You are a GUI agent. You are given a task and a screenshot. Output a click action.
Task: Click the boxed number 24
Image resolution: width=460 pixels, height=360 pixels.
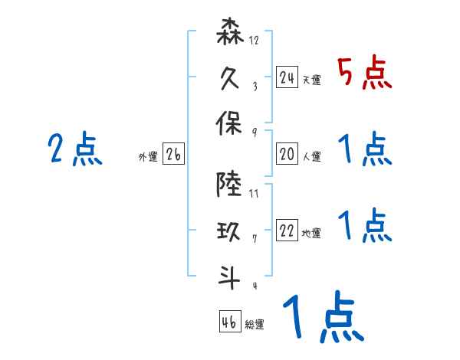(x=287, y=77)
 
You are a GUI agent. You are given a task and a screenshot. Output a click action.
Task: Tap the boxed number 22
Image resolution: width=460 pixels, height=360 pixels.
(x=287, y=231)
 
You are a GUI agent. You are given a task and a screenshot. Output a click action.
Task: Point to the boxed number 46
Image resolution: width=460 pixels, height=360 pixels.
(x=228, y=322)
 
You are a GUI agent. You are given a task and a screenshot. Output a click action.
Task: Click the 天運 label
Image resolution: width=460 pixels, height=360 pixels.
(x=311, y=80)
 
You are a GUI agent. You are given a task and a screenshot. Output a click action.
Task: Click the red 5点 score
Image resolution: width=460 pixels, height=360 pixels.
(x=365, y=74)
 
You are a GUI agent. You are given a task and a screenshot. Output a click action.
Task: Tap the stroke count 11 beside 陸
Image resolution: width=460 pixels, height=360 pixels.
(x=255, y=192)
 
